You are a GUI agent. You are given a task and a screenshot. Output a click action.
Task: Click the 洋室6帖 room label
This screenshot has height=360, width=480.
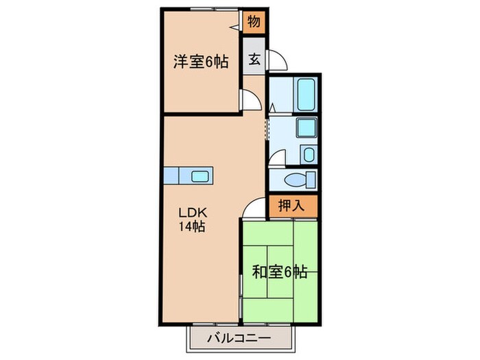click(200, 61)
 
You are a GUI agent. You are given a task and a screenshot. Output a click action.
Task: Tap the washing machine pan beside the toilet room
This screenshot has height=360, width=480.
click(308, 154)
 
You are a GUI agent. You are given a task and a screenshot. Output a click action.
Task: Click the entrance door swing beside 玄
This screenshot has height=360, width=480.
click(278, 61)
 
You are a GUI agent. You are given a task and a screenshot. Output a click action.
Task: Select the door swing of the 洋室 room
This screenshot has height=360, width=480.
click(251, 100)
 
